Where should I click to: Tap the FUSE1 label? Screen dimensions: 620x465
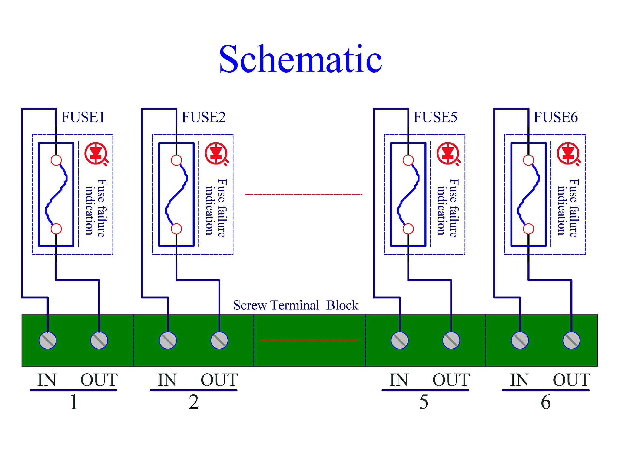(x=83, y=117)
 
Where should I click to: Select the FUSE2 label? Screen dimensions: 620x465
(x=203, y=117)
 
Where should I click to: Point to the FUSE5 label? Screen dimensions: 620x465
(x=435, y=117)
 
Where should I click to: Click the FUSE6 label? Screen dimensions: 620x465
(x=556, y=117)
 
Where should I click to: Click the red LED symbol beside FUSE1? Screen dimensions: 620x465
(x=96, y=154)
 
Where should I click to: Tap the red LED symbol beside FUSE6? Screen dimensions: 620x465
(x=568, y=154)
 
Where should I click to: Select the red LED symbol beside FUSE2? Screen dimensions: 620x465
(x=216, y=154)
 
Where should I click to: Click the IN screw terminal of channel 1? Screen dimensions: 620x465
(x=48, y=340)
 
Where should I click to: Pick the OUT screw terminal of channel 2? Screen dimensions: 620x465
(x=219, y=340)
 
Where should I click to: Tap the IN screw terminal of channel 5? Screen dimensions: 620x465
(x=400, y=340)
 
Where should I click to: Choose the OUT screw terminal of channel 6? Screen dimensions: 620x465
(x=571, y=340)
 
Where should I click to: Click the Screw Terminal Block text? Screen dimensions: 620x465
(x=296, y=305)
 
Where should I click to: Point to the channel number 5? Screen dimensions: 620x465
(x=424, y=402)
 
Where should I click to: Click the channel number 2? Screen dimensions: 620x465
(x=194, y=402)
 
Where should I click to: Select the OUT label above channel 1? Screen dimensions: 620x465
(x=99, y=380)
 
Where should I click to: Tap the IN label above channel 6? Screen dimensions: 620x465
(x=519, y=380)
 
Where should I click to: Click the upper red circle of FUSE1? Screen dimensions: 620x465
(x=56, y=160)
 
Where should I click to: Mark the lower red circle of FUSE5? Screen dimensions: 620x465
(x=408, y=229)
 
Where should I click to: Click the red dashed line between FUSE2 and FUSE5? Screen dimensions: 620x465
(x=304, y=194)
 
